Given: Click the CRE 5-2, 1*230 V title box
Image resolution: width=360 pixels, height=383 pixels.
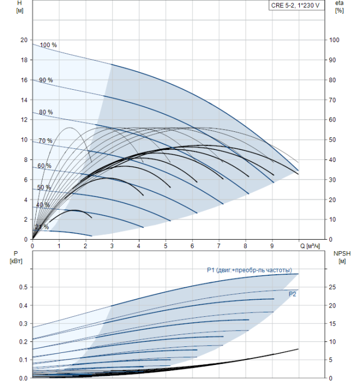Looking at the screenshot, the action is (297, 5).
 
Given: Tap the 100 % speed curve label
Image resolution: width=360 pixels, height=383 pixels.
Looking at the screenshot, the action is (48, 45).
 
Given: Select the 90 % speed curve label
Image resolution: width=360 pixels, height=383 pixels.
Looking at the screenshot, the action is (46, 80).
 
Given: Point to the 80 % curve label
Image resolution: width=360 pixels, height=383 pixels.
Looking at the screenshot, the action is (46, 112).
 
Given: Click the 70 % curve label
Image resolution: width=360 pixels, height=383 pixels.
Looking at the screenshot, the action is (45, 141).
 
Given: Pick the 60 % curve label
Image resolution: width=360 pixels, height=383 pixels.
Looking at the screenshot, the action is (44, 166).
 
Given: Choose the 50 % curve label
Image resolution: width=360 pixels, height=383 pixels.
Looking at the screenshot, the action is (44, 187).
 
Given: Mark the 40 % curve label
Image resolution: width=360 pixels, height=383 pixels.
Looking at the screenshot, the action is (43, 205).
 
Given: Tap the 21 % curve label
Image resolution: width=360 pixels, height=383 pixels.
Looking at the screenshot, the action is (42, 227).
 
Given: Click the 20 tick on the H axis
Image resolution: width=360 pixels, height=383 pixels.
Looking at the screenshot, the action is (24, 40).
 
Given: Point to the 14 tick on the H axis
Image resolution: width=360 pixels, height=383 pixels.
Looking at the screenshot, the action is (24, 100).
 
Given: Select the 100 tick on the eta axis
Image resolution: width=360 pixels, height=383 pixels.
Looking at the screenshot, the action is (334, 40).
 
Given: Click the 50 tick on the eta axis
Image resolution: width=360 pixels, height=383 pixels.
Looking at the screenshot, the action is (333, 140).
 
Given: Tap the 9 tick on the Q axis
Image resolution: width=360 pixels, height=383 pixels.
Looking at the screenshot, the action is (272, 246).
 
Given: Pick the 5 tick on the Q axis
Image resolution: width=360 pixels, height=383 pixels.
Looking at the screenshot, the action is (166, 246).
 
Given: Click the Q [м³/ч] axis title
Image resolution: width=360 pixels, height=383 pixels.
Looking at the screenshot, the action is (310, 246).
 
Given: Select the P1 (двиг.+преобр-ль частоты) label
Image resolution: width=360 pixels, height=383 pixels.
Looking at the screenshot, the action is (249, 270).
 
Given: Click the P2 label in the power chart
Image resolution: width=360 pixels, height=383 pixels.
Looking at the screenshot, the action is (292, 294).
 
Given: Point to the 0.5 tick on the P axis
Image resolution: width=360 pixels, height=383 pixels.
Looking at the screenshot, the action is (24, 287).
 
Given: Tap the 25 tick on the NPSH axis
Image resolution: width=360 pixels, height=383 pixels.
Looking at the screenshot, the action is (333, 287).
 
